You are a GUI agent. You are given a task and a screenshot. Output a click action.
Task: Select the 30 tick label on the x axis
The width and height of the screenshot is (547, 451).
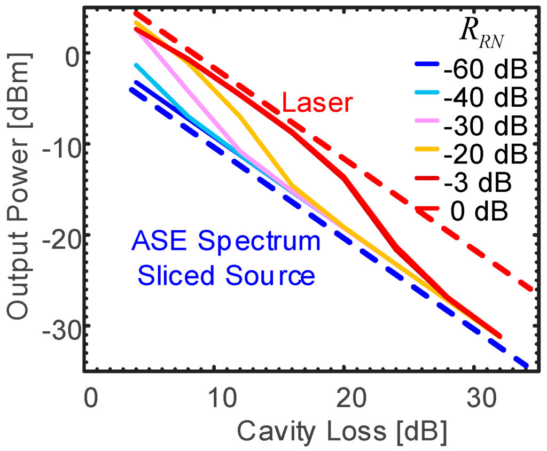tap(475, 400)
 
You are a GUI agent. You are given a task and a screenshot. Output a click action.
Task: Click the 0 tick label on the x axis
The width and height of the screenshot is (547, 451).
tap(91, 400)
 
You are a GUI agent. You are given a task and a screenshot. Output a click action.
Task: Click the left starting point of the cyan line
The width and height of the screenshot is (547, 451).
tap(137, 65)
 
